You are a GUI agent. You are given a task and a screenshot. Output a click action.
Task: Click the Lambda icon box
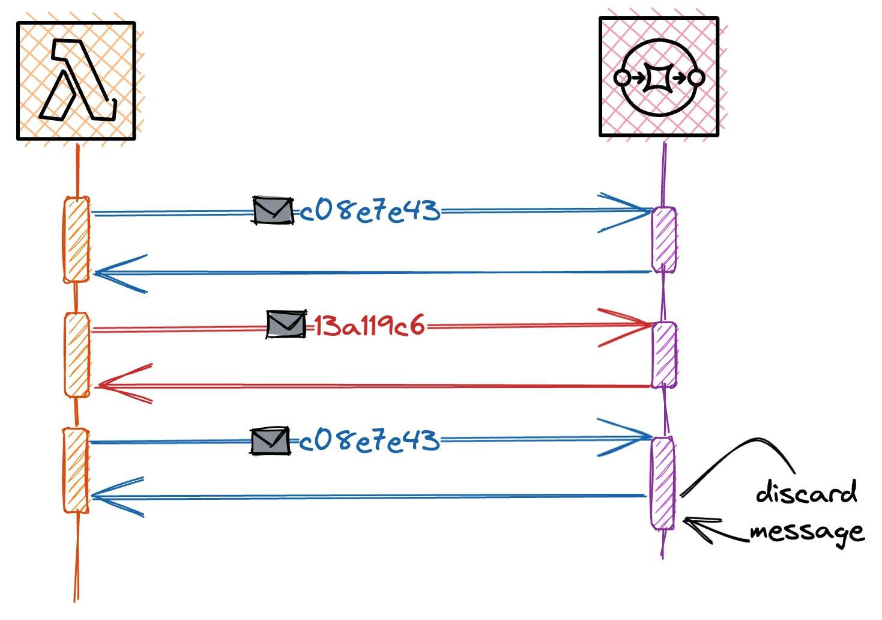click(76, 81)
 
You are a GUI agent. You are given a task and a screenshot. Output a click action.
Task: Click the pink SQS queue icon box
click(659, 77)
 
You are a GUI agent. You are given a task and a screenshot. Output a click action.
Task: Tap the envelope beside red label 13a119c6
click(286, 324)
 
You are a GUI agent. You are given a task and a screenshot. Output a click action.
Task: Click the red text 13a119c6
click(370, 326)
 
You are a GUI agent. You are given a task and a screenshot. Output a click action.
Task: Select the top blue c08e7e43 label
click(369, 211)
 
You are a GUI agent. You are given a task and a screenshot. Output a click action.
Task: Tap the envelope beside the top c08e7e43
click(273, 211)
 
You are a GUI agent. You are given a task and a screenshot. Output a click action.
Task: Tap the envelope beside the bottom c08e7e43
click(270, 441)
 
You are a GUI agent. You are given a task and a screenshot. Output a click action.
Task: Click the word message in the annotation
click(806, 531)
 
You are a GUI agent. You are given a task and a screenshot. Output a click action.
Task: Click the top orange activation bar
click(76, 239)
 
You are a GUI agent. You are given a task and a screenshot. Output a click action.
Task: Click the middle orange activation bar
click(76, 354)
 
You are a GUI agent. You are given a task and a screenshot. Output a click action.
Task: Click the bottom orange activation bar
click(76, 470)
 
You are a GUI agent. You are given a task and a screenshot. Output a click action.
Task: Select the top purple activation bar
click(663, 240)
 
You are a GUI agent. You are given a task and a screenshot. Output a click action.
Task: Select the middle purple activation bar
click(663, 354)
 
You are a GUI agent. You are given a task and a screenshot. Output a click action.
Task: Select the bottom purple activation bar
click(662, 483)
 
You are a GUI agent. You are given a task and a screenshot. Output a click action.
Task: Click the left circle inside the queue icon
click(623, 77)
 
